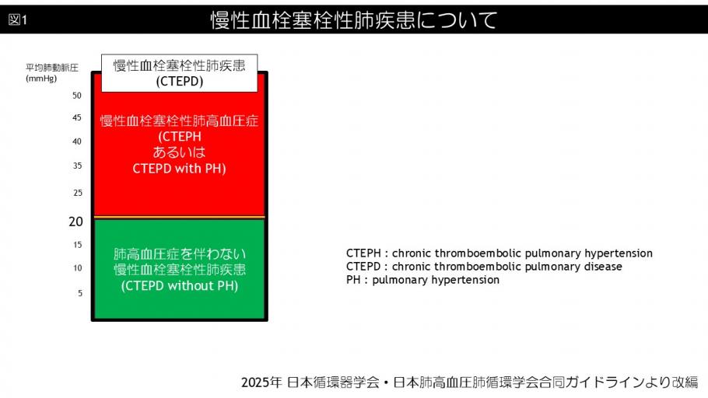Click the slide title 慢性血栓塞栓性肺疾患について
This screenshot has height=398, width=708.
coord(353,20)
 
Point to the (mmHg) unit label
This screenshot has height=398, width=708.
coord(40,79)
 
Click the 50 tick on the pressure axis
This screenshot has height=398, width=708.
coord(76,96)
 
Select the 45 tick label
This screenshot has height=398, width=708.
coord(76,118)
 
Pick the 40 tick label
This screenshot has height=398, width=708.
coord(76,141)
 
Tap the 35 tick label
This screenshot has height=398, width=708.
coord(76,166)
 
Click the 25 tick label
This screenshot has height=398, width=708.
coord(76,192)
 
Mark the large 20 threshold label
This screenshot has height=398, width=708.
coord(75,222)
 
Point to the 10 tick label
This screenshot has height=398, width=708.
coord(76,268)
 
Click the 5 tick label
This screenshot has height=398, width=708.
coord(79,293)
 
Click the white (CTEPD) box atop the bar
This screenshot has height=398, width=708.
coord(179,73)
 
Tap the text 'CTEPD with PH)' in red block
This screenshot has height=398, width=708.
coord(179,168)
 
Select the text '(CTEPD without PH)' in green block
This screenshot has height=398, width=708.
coord(179,286)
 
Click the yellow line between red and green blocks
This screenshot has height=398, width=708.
coord(179,217)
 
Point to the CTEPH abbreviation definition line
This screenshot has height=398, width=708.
coord(499,253)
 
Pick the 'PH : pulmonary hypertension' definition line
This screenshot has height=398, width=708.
coord(422,280)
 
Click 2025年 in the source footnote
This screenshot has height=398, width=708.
coord(260,382)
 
